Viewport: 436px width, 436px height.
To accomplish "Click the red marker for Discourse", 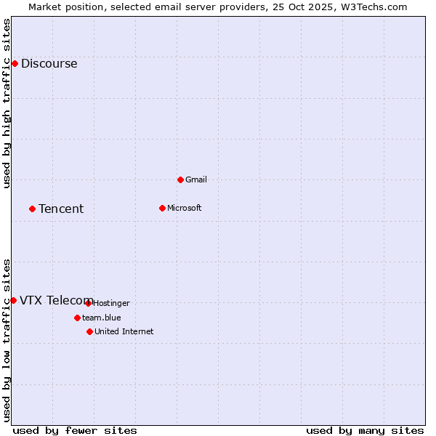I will pyautogui.click(x=15, y=63).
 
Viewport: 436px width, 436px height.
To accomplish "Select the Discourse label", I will pyautogui.click(x=49, y=63).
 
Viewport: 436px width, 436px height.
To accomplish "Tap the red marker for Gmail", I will pyautogui.click(x=180, y=179).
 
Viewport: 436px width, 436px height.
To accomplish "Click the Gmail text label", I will pyautogui.click(x=196, y=179).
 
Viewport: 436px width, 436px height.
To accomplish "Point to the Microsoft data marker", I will pyautogui.click(x=162, y=208).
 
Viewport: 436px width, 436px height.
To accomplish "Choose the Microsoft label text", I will pyautogui.click(x=184, y=208).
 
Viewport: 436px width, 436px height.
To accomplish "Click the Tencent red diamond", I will pyautogui.click(x=32, y=209).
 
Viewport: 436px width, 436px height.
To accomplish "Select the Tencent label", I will pyautogui.click(x=61, y=209).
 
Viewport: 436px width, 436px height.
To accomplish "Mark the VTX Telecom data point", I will pyautogui.click(x=13, y=300).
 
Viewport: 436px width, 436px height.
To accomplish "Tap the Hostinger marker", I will pyautogui.click(x=88, y=303).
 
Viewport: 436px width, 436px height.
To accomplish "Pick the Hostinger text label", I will pyautogui.click(x=111, y=303).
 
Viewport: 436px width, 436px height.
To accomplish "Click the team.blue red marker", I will pyautogui.click(x=77, y=318).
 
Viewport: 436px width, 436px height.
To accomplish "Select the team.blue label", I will pyautogui.click(x=102, y=318).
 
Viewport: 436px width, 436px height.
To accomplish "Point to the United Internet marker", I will pyautogui.click(x=89, y=331).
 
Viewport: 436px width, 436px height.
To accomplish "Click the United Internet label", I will pyautogui.click(x=124, y=331).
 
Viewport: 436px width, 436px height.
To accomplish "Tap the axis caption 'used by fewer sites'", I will pyautogui.click(x=75, y=430).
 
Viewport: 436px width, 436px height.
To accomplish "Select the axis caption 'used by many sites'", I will pyautogui.click(x=365, y=430).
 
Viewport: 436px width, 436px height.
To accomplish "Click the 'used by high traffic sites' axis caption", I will pyautogui.click(x=7, y=103).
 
